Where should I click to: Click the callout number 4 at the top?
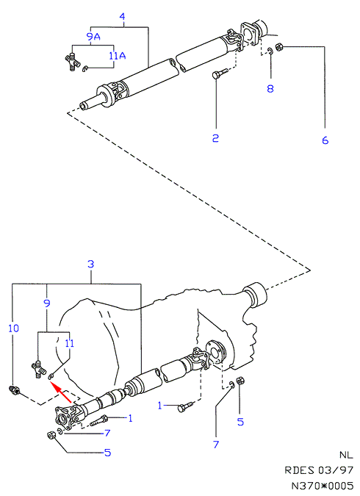click(123, 16)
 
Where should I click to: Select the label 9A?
click(93, 37)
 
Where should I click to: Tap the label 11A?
click(117, 56)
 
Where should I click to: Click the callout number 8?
click(270, 88)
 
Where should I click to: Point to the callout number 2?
click(215, 138)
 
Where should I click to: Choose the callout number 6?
click(325, 140)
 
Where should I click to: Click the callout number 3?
click(91, 264)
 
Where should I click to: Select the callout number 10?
click(14, 328)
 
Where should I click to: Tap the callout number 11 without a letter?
click(70, 343)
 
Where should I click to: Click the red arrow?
click(61, 392)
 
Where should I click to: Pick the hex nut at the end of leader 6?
click(279, 47)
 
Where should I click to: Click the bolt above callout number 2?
click(220, 73)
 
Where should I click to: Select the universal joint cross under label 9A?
click(73, 62)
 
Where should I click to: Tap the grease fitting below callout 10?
click(15, 390)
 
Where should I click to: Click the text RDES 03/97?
click(319, 470)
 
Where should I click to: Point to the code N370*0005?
click(322, 486)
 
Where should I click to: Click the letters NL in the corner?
click(346, 455)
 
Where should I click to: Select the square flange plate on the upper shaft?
click(250, 34)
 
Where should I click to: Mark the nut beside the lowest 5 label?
click(51, 435)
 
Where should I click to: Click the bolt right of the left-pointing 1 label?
click(185, 407)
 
